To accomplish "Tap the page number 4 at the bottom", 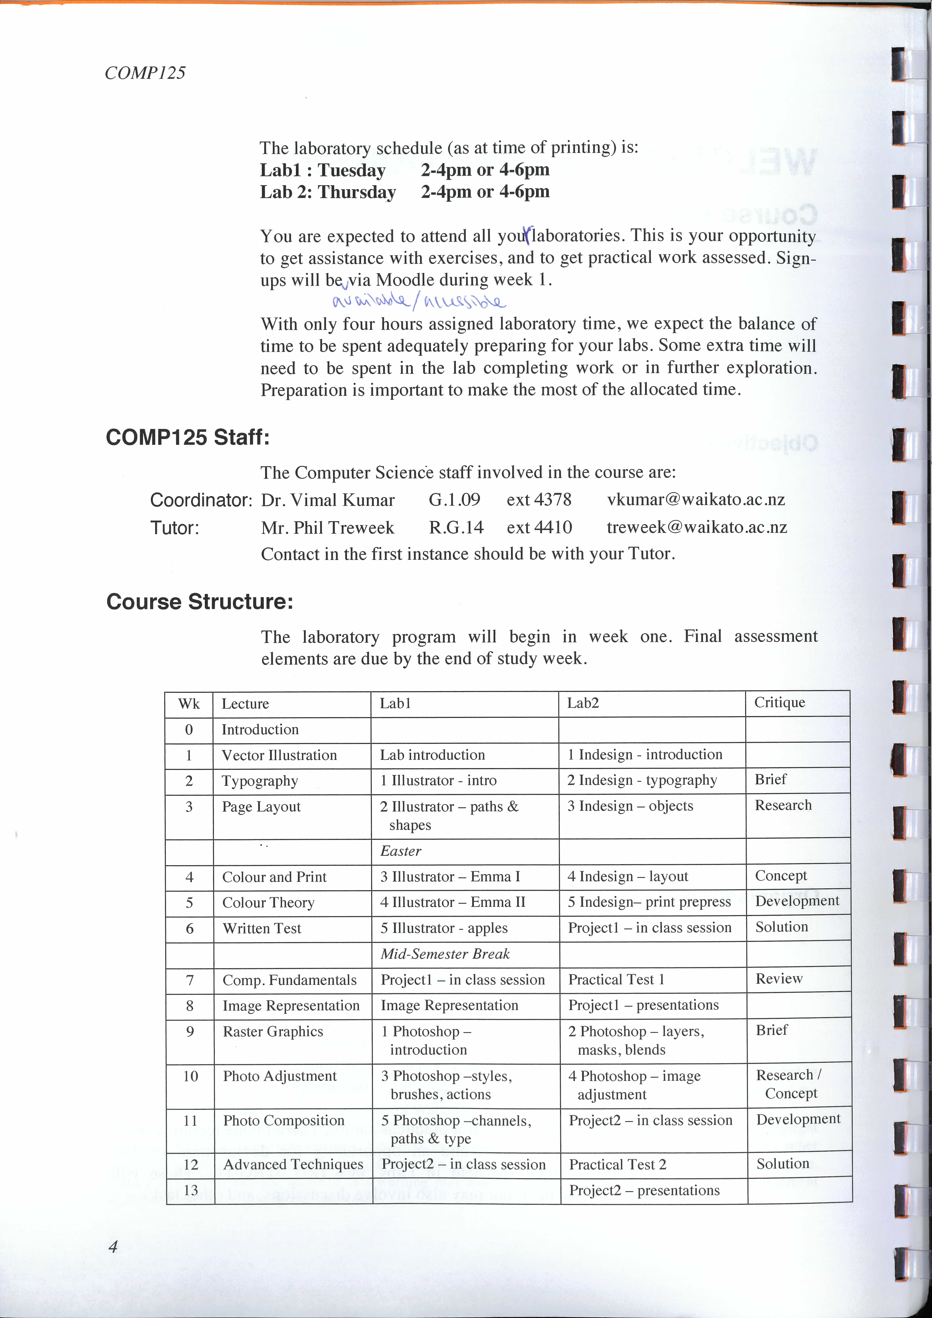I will [113, 1246].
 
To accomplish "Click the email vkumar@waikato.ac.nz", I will [696, 499].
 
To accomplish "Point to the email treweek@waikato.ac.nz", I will [697, 527].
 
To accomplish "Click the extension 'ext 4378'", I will [539, 499].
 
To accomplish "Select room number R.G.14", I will [456, 527].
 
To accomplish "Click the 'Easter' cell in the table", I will [401, 851].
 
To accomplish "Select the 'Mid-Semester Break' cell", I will [445, 953].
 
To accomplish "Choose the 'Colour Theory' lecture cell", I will [269, 902].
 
